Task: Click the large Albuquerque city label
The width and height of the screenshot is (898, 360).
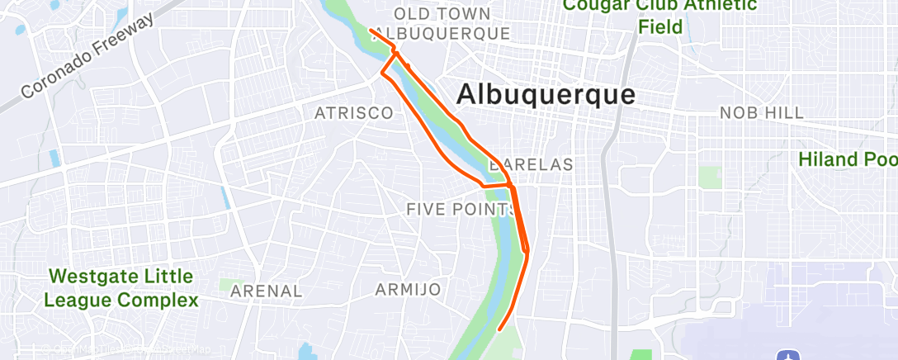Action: (x=546, y=95)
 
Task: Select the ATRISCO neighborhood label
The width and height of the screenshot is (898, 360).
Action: (x=353, y=113)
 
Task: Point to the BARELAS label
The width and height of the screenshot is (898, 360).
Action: (x=531, y=164)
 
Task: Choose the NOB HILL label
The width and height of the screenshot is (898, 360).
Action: (x=761, y=113)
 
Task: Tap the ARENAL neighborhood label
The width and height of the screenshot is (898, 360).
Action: (x=267, y=291)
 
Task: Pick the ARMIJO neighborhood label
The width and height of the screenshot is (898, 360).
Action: (x=408, y=290)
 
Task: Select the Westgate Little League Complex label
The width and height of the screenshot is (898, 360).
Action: (x=121, y=288)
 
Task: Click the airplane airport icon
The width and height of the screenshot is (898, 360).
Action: (x=789, y=354)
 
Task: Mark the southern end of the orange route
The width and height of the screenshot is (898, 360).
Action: (x=500, y=331)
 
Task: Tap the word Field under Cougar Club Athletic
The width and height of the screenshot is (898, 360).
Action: (x=659, y=26)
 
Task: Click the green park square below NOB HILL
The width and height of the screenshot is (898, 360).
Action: (x=709, y=177)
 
